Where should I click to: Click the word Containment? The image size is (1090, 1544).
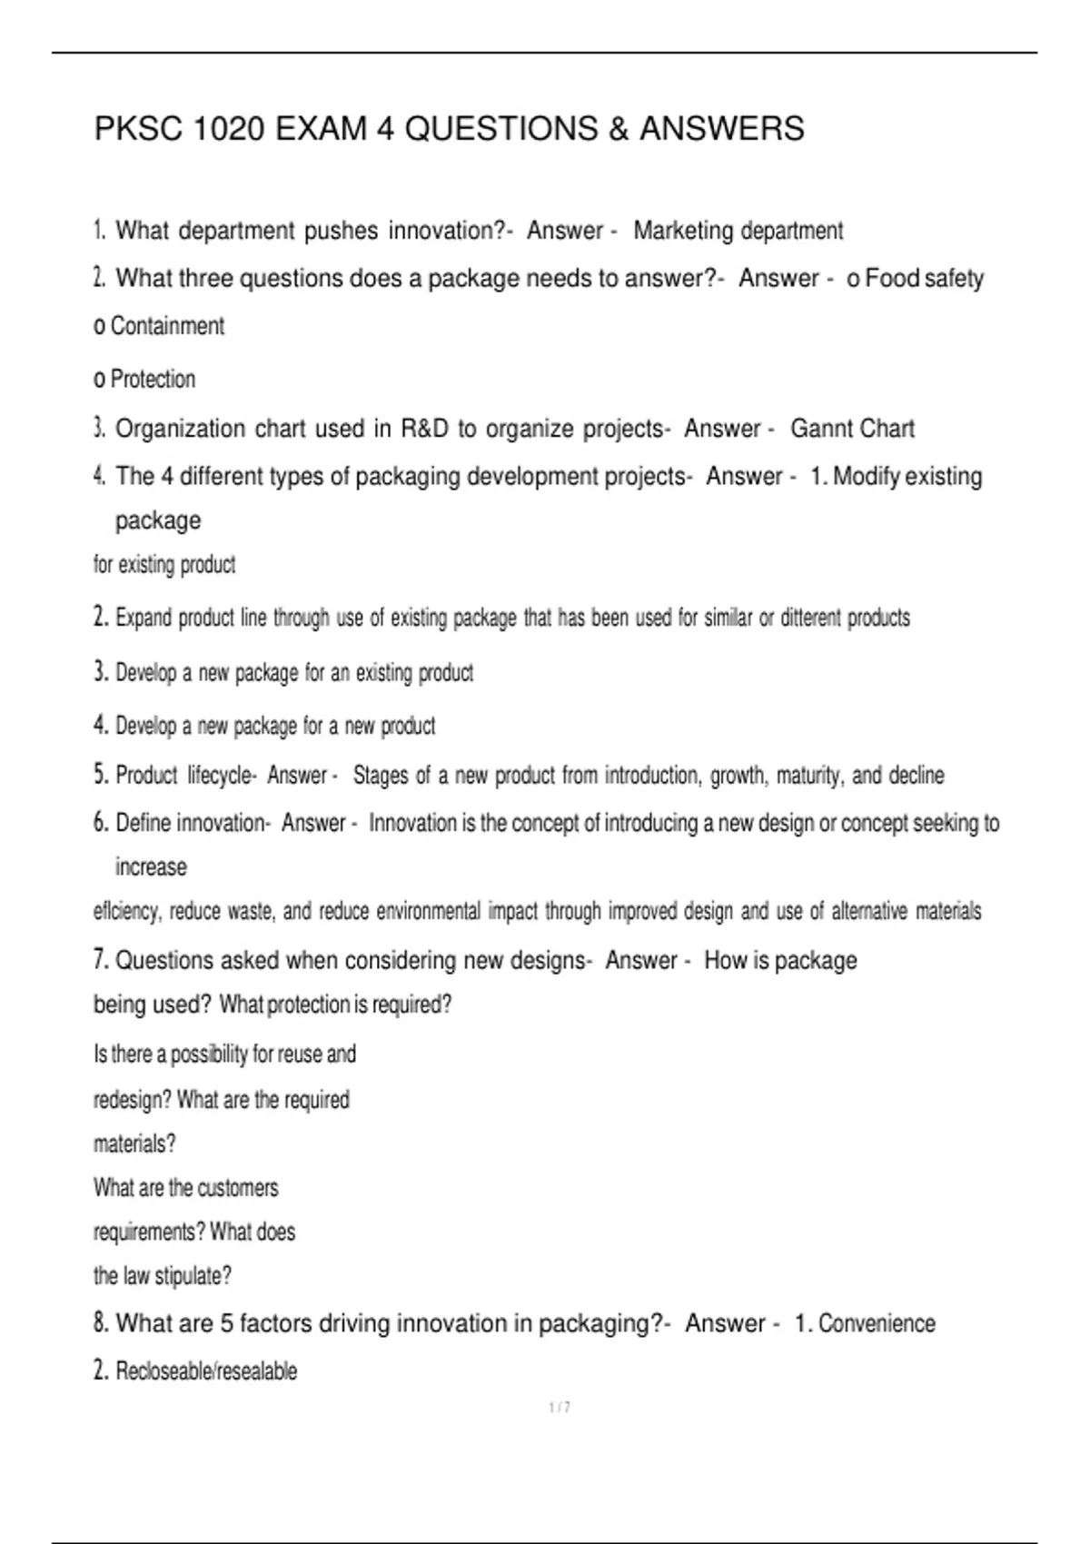click(x=167, y=326)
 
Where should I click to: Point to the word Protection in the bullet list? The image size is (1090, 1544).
click(x=153, y=379)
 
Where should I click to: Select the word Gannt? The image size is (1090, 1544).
click(x=821, y=429)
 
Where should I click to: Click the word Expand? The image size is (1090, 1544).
click(x=144, y=619)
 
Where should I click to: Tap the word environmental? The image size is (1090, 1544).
click(x=428, y=911)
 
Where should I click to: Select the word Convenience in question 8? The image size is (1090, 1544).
click(x=877, y=1324)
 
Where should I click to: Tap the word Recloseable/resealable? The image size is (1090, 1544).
click(x=206, y=1371)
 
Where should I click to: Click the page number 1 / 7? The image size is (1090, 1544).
click(x=560, y=1408)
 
